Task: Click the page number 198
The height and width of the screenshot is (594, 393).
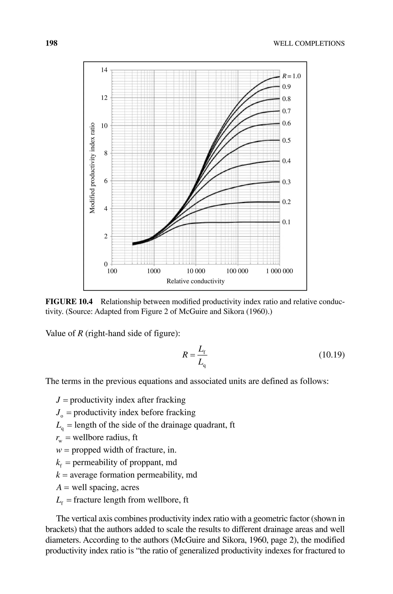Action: point(52,43)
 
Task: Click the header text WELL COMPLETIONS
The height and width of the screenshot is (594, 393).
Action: point(309,44)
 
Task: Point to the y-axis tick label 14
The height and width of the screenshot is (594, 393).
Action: point(104,70)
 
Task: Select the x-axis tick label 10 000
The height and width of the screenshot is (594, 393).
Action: point(196,271)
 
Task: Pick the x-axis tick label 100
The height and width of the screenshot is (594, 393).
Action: point(112,271)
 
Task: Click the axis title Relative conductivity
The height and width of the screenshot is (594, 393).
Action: point(196,281)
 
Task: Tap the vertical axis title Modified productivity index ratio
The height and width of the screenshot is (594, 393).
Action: point(92,168)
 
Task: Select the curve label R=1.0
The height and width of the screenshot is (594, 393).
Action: point(291,76)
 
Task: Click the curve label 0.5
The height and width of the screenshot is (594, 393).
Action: point(286,140)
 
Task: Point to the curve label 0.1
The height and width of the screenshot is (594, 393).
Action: point(286,222)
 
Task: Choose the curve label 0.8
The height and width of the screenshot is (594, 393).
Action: point(286,99)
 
